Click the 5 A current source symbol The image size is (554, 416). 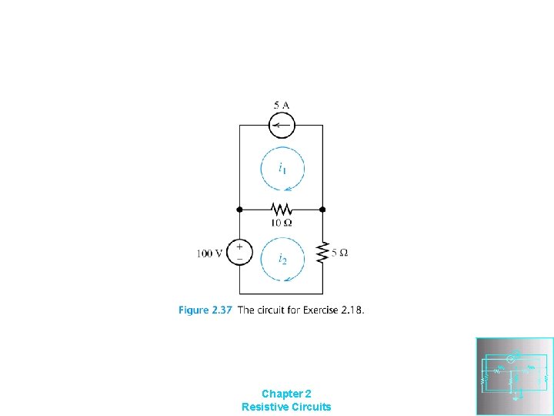[282, 126]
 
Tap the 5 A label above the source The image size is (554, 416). [281, 105]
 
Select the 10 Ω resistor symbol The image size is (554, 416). [282, 209]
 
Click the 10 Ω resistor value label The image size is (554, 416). [281, 223]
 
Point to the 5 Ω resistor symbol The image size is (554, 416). [322, 253]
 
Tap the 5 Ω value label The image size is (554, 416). [339, 253]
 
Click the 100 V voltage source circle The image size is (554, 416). [239, 252]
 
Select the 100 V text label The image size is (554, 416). [209, 253]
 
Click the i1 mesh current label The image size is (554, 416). [282, 167]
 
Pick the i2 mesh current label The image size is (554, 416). [282, 259]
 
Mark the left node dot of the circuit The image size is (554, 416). [239, 209]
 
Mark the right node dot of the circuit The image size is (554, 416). [322, 209]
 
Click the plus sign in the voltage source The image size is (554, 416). [239, 247]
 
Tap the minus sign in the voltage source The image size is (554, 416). [239, 258]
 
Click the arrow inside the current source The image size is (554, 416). [280, 126]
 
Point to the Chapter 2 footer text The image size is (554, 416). [286, 393]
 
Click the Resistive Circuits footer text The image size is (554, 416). [286, 406]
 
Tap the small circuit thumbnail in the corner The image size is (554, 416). [515, 376]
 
